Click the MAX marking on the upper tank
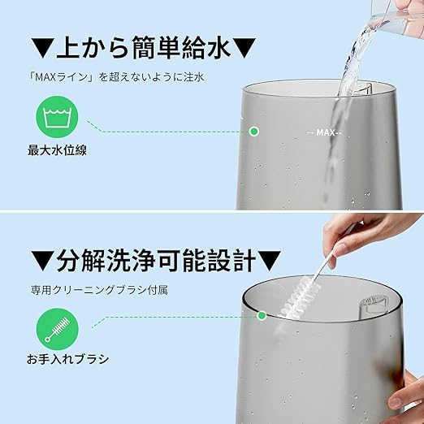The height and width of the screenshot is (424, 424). pyautogui.click(x=325, y=132)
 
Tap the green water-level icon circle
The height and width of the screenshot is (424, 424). pyautogui.click(x=57, y=117)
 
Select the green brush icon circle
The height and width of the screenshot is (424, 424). pyautogui.click(x=58, y=330)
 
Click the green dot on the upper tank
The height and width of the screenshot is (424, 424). pyautogui.click(x=254, y=132)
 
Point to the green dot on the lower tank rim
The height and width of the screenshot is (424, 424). pyautogui.click(x=262, y=315)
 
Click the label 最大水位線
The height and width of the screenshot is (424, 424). pyautogui.click(x=57, y=150)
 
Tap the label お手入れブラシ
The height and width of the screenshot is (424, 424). pyautogui.click(x=67, y=359)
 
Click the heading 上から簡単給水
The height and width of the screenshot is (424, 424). pyautogui.click(x=144, y=48)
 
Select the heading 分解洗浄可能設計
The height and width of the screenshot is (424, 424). pyautogui.click(x=156, y=261)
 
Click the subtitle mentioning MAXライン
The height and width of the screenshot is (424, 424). pyautogui.click(x=116, y=77)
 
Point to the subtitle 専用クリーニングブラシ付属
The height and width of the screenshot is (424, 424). pyautogui.click(x=99, y=290)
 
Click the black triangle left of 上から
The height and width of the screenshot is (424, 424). pyautogui.click(x=42, y=48)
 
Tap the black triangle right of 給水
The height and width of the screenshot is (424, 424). pyautogui.click(x=244, y=48)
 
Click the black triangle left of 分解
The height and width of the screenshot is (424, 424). pyautogui.click(x=42, y=261)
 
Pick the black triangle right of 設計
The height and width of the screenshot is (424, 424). pyautogui.click(x=270, y=261)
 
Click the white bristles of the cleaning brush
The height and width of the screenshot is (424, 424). pyautogui.click(x=298, y=299)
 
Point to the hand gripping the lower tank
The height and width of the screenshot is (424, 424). pyautogui.click(x=407, y=392)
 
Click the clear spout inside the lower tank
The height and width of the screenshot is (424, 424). pyautogui.click(x=373, y=306)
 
